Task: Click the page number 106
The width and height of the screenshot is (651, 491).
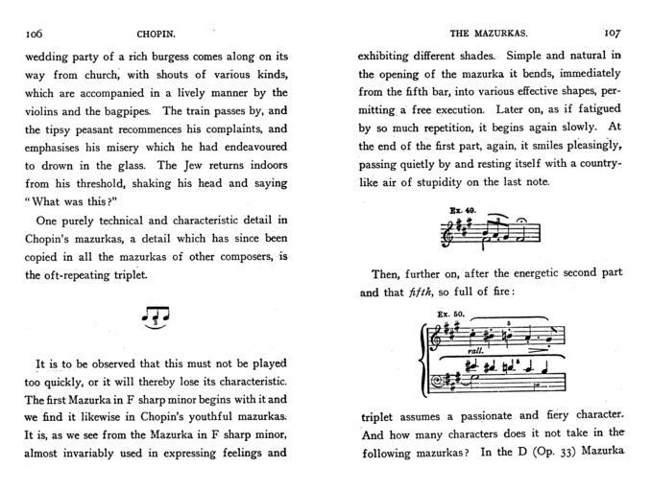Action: pos(33,32)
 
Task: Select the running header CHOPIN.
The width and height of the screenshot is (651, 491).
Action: pos(150,32)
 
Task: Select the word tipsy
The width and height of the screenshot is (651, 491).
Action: pos(68,129)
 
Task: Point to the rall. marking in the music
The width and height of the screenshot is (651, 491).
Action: pos(473,351)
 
